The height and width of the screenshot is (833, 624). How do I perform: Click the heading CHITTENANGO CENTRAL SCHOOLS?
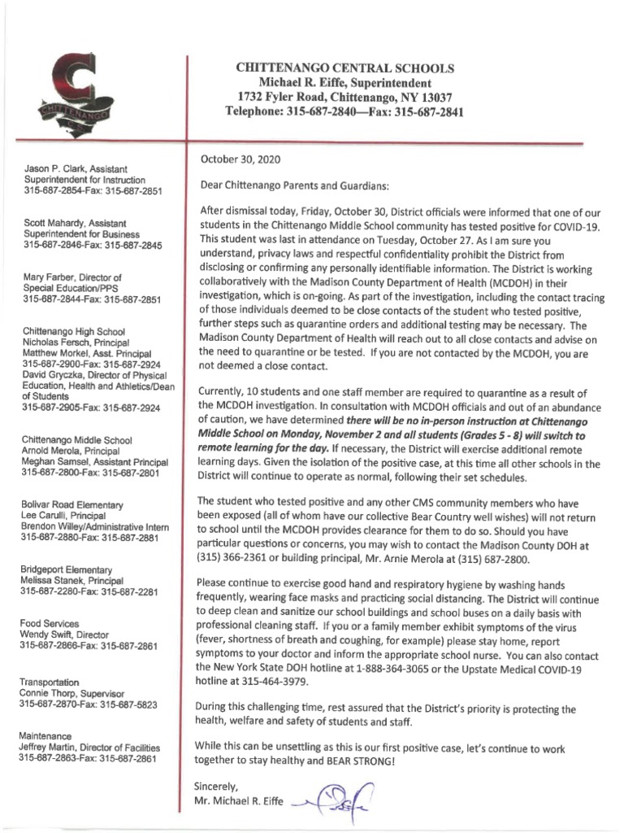pos(344,68)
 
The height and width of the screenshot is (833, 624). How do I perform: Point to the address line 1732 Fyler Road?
pos(344,98)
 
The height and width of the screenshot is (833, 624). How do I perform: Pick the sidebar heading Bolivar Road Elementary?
pos(72,505)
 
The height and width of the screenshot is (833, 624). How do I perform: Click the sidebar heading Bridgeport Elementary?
pos(67,569)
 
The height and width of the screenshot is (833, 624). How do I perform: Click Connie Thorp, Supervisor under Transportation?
pos(76,692)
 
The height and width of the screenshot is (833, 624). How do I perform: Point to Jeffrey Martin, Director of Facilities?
pos(90,747)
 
